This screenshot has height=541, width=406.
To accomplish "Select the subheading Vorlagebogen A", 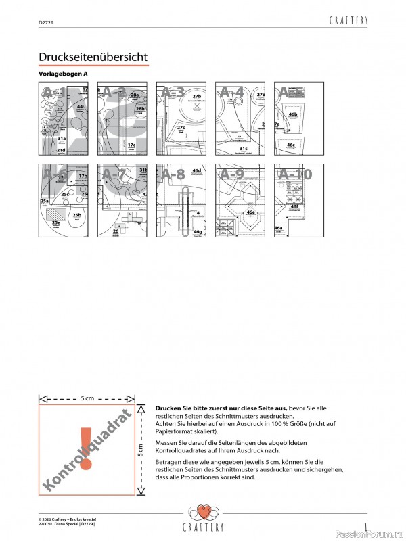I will [x=64, y=73].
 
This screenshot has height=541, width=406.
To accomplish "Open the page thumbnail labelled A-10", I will [x=298, y=200].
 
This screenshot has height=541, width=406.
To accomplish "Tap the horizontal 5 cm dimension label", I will [x=87, y=398].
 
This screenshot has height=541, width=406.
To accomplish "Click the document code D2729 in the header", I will [x=46, y=22].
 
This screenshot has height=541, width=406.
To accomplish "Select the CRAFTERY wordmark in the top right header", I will [x=348, y=21].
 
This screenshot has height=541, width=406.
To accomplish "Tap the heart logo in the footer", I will [x=204, y=511].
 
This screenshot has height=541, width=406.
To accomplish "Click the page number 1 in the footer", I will [x=365, y=525].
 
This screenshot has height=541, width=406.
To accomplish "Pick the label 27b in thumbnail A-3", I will [x=197, y=97].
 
